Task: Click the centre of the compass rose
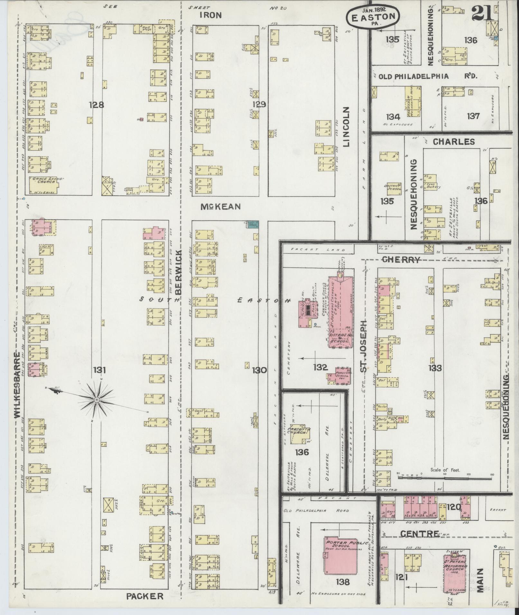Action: (x=97, y=400)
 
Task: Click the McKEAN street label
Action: (x=220, y=207)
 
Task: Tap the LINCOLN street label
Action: (x=346, y=126)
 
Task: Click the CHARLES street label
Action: (x=453, y=141)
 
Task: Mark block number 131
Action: (x=99, y=370)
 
